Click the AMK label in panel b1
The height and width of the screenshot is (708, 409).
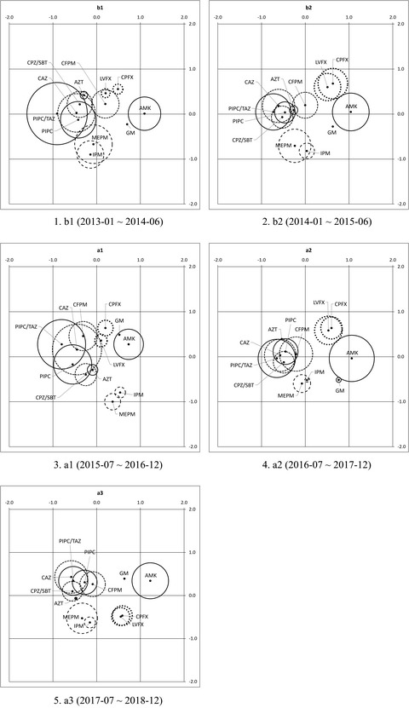(145, 107)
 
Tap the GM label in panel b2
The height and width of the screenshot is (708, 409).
(331, 133)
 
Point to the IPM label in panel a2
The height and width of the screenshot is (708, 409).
(320, 372)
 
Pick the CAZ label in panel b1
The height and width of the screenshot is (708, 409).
(43, 78)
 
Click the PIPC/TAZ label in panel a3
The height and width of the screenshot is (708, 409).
(70, 540)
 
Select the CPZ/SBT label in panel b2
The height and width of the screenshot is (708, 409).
(243, 140)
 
